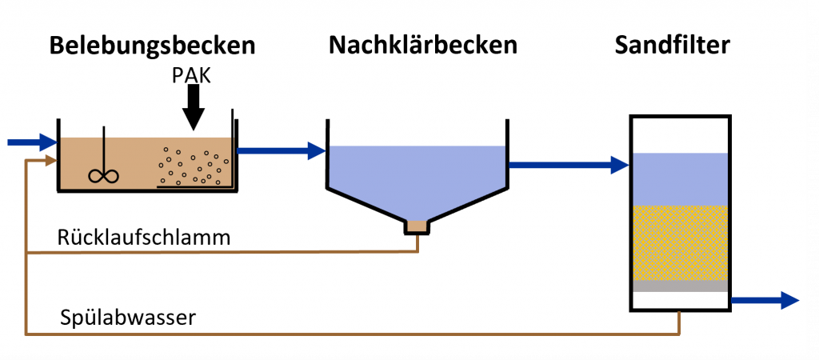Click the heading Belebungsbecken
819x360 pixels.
click(x=152, y=46)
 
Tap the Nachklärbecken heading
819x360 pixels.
click(x=422, y=46)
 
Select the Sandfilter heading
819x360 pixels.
click(x=672, y=45)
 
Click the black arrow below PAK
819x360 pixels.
click(x=192, y=107)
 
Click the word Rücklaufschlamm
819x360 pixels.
click(x=144, y=238)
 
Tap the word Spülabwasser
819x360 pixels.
click(x=128, y=318)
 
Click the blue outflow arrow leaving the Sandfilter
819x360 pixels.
click(x=765, y=300)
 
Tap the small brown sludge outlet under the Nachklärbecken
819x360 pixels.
click(x=417, y=226)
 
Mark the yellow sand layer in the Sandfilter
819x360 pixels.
click(x=679, y=242)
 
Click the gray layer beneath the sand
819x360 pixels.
click(x=679, y=286)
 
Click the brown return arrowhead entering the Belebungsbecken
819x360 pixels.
click(x=50, y=161)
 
